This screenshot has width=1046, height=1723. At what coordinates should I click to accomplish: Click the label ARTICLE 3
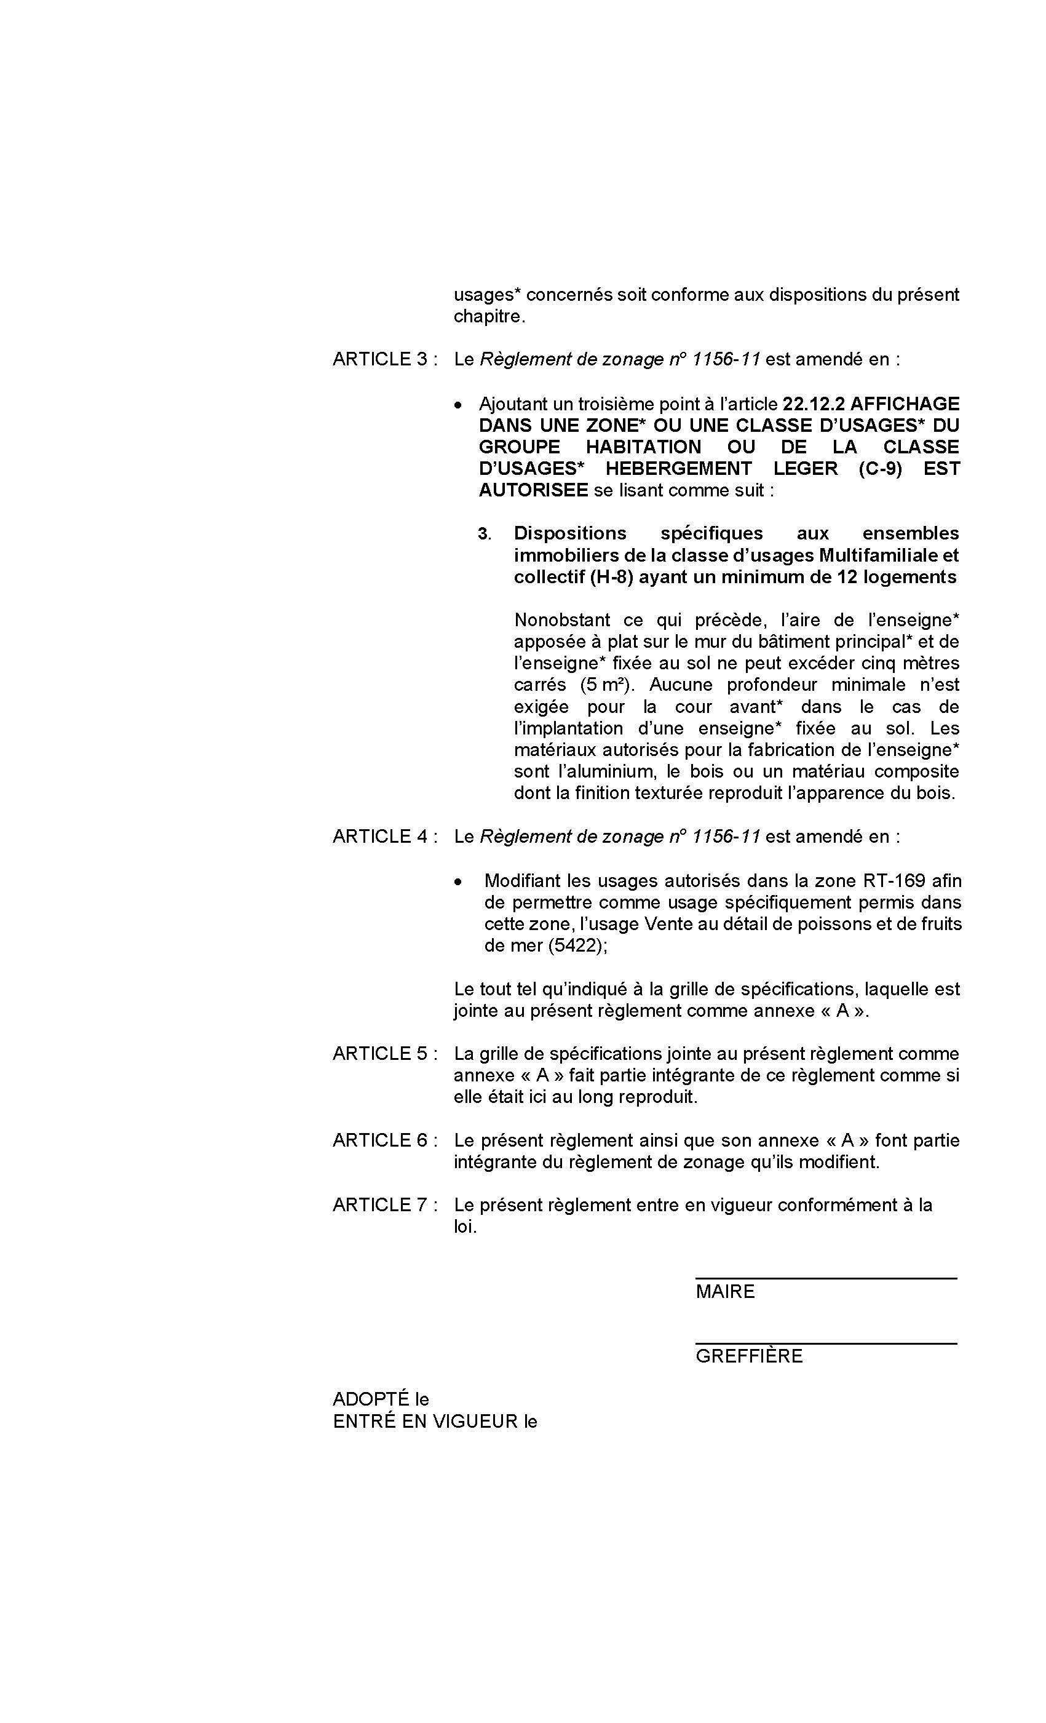tap(384, 359)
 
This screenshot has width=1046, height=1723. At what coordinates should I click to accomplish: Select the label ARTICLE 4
tap(384, 837)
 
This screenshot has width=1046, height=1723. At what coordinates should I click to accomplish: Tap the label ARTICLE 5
tap(384, 1054)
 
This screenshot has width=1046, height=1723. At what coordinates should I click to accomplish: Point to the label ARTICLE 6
tap(384, 1140)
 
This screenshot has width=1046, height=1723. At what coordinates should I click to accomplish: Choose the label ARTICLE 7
tap(384, 1205)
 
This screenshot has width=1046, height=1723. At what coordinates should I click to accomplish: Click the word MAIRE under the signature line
tap(724, 1292)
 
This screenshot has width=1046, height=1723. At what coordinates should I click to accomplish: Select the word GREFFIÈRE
tap(748, 1356)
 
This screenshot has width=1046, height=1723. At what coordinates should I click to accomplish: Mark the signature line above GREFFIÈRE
tap(825, 1343)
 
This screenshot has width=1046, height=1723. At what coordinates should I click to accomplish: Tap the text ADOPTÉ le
tap(381, 1399)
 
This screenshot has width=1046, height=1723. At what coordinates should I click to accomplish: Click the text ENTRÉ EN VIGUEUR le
tap(434, 1422)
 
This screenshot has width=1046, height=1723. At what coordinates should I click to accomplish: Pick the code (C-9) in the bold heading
tap(879, 469)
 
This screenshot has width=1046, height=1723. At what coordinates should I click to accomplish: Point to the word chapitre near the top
tap(488, 316)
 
